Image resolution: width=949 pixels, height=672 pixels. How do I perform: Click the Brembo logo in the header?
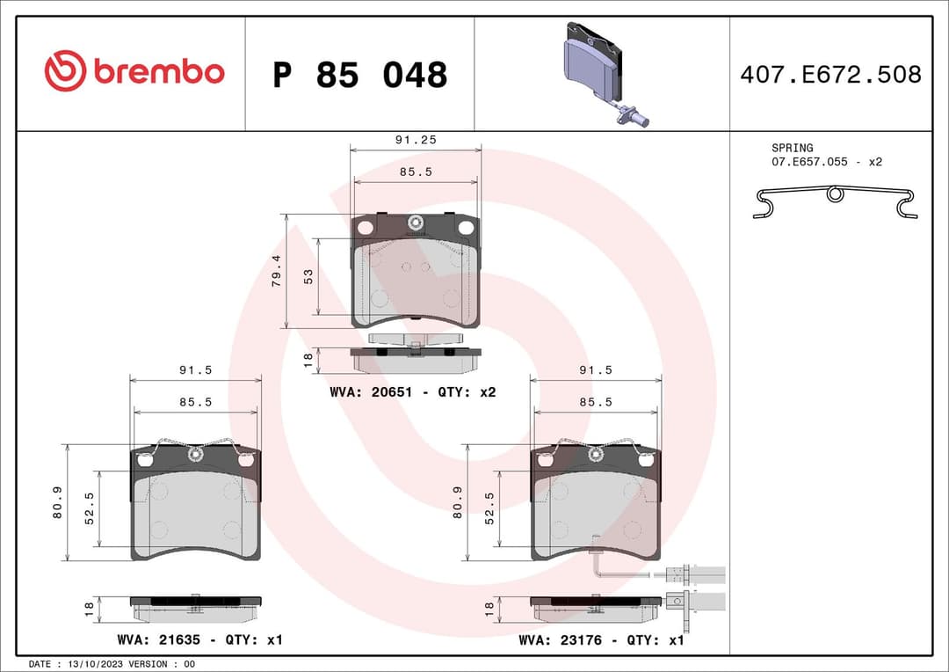click(134, 72)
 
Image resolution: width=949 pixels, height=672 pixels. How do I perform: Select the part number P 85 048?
click(359, 76)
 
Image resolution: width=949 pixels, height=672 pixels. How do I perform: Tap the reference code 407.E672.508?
click(830, 75)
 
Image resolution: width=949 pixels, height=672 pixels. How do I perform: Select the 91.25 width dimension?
click(416, 140)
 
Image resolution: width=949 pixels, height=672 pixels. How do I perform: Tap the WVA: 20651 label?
click(369, 392)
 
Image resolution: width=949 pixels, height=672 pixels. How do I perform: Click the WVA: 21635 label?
click(156, 639)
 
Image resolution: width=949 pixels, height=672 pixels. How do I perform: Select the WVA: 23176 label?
click(560, 639)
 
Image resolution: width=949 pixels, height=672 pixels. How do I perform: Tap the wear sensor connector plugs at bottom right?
click(696, 588)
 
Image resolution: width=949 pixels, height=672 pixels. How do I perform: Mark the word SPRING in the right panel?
click(792, 148)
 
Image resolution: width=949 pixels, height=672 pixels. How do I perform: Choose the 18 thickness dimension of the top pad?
click(308, 359)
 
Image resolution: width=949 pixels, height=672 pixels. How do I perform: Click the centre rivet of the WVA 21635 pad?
click(195, 455)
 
